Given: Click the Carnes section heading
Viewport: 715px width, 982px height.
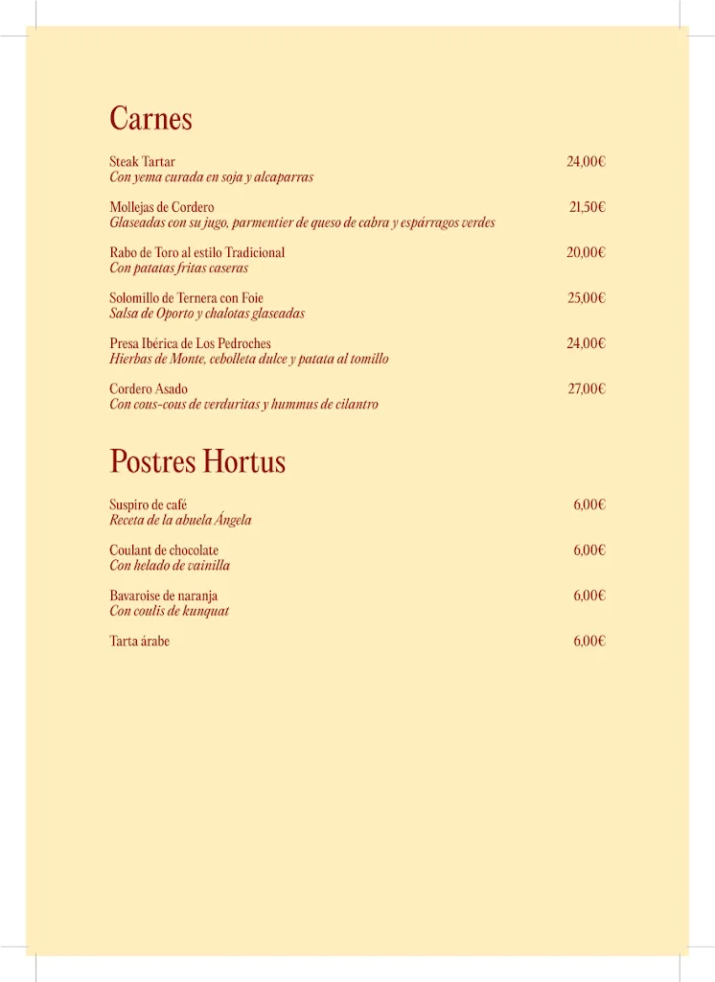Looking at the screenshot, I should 150,119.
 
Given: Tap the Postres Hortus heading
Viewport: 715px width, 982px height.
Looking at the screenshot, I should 197,461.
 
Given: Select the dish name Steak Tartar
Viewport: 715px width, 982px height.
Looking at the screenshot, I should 142,162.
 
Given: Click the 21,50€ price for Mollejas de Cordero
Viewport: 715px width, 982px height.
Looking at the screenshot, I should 587,207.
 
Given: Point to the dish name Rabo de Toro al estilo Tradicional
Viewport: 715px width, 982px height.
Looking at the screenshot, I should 196,252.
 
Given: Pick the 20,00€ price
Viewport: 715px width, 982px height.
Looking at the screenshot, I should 586,252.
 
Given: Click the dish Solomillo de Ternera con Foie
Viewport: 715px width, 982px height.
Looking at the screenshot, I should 186,298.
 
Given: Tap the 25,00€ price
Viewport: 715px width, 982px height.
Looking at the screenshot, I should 586,298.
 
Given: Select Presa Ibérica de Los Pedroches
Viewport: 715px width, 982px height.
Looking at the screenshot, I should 190,343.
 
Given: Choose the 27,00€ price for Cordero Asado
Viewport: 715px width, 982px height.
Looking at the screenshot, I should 586,388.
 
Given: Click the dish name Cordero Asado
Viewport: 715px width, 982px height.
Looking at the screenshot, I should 149,389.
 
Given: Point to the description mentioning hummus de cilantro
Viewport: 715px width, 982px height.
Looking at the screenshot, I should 243,405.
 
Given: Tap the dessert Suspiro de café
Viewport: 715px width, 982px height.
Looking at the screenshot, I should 148,504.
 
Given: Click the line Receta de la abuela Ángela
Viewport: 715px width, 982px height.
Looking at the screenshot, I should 180,520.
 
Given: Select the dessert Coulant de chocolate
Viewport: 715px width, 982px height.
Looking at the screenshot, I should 164,550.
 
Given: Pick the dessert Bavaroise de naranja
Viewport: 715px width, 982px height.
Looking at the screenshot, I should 163,596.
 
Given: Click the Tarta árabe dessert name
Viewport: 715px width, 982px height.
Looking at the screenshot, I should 139,642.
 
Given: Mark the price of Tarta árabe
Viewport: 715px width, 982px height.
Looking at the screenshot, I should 589,642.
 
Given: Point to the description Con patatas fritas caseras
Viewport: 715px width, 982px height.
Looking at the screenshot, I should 178,269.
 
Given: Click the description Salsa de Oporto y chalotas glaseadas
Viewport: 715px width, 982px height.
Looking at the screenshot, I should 207,314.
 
